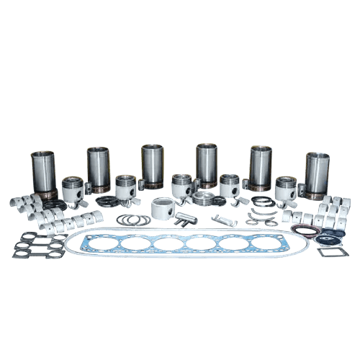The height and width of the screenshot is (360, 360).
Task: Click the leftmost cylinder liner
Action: pyautogui.click(x=43, y=174)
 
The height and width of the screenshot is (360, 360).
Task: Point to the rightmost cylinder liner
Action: pyautogui.click(x=316, y=174)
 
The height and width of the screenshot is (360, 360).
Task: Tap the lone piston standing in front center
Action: pyautogui.click(x=163, y=211)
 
